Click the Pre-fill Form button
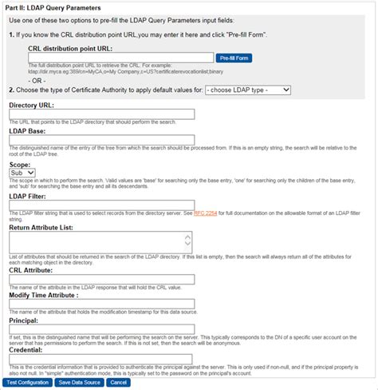click(234, 58)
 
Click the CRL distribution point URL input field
click(120, 58)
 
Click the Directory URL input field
click(101, 113)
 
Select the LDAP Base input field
click(101, 140)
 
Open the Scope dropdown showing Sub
click(22, 172)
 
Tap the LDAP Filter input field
click(101, 205)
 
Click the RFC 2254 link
click(205, 213)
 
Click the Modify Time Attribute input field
click(101, 303)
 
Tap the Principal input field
click(101, 331)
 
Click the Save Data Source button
click(79, 383)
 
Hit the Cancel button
click(118, 383)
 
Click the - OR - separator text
click(38, 79)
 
